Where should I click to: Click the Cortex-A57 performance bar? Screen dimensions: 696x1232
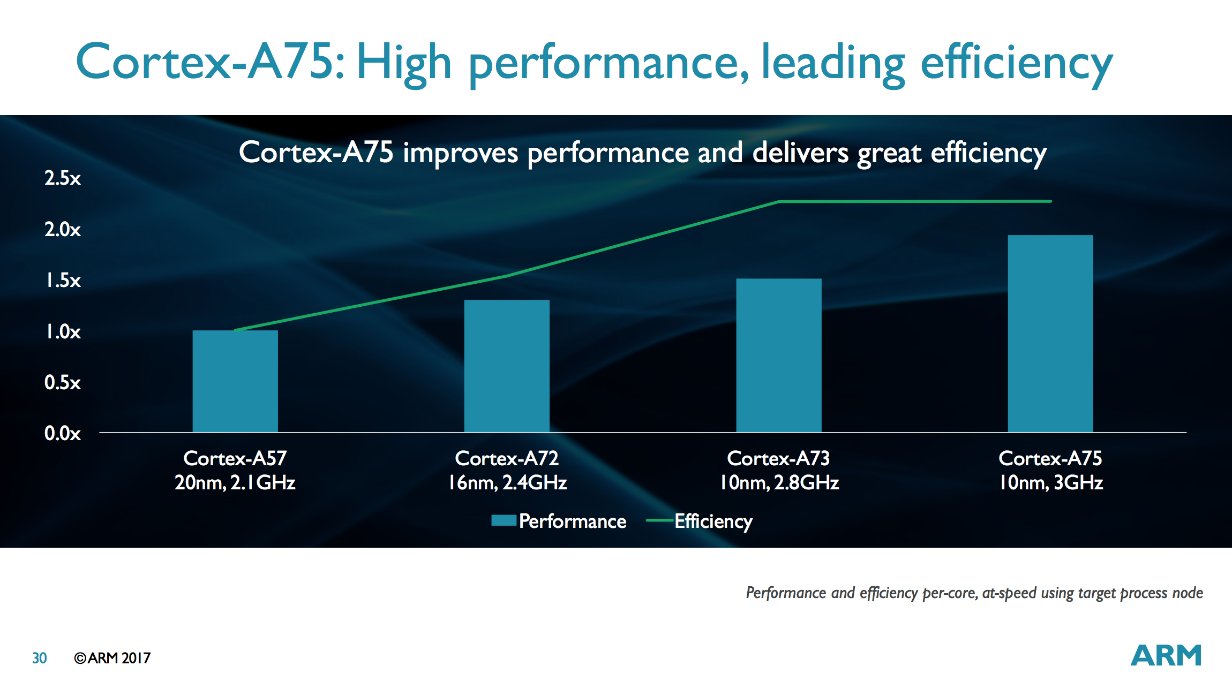[x=235, y=381]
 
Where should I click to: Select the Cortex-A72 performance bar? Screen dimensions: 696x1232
[x=507, y=366]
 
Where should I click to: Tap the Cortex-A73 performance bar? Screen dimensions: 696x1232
[x=778, y=355]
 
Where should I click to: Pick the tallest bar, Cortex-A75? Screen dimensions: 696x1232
[x=1050, y=334]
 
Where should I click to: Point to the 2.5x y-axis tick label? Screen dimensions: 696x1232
[x=63, y=178]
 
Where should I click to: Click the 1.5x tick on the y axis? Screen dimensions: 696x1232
[x=63, y=281]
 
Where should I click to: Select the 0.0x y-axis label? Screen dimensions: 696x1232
[x=63, y=434]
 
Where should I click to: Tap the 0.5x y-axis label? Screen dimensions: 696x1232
[x=63, y=383]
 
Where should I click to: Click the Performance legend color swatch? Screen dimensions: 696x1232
[x=504, y=520]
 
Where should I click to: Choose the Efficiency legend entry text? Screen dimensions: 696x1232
[x=713, y=521]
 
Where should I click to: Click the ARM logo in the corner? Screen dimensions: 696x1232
[x=1166, y=655]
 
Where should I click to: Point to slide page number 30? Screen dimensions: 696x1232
[x=40, y=658]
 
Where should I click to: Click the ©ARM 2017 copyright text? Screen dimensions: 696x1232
[x=112, y=658]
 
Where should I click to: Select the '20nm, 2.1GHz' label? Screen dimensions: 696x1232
[x=235, y=483]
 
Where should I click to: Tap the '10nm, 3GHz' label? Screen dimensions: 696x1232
[x=1050, y=483]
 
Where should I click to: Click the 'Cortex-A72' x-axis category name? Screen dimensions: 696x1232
[x=507, y=458]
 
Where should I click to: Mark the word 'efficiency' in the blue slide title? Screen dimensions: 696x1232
[x=1016, y=63]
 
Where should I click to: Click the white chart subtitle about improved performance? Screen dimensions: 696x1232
[x=643, y=153]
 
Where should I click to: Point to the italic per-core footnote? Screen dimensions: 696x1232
[x=974, y=593]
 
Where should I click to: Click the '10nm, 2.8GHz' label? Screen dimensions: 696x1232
[x=779, y=483]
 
